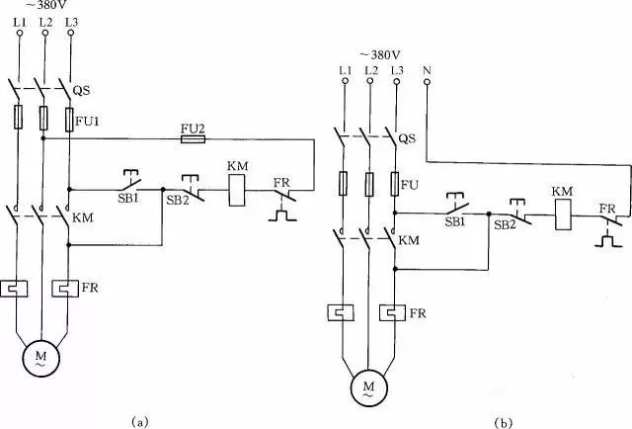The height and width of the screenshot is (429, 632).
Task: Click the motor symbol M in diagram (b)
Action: point(369,382)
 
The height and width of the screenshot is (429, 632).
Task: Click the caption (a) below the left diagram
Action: point(138,419)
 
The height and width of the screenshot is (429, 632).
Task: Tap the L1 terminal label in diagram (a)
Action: point(18,20)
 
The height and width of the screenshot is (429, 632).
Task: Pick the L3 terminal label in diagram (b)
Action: point(396,70)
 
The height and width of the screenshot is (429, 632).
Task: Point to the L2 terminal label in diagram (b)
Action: point(370,70)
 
